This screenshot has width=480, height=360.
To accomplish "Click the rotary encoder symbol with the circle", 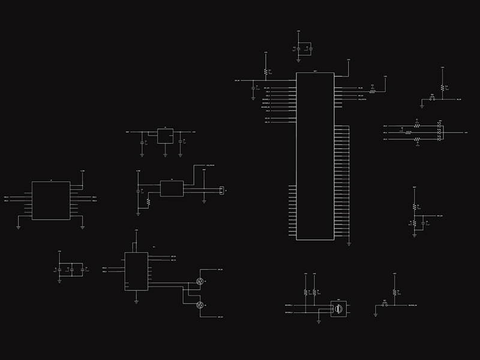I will click(x=338, y=308).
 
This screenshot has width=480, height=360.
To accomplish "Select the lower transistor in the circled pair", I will click(x=200, y=305).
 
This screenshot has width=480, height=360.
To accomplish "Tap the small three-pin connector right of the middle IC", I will click(x=220, y=190).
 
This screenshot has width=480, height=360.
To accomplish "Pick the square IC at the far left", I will click(x=51, y=200).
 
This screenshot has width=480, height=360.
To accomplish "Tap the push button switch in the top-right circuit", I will click(x=433, y=98).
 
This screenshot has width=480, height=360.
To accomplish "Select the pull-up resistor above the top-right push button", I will click(x=442, y=87).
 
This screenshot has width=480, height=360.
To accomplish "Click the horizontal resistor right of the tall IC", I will click(x=372, y=92).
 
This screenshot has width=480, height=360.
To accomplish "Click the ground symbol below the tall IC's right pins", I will click(x=349, y=243).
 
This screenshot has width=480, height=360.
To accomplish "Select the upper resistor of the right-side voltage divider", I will click(x=414, y=206).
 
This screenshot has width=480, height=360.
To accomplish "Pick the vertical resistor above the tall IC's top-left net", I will click(x=265, y=71).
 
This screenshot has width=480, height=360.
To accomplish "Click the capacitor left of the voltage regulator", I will click(x=142, y=142).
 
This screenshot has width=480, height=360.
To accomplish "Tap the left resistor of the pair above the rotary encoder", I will click(x=305, y=292).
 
